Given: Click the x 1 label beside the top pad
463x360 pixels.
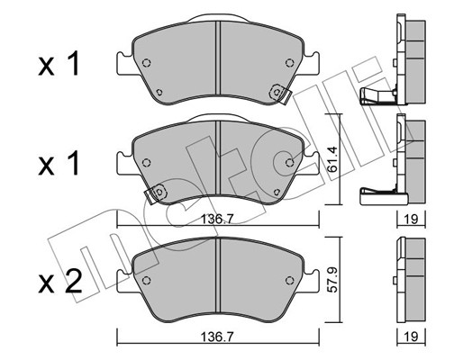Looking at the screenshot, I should (59, 64).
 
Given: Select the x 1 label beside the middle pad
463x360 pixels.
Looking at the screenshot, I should (59, 163).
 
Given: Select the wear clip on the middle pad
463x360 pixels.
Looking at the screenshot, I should (159, 192).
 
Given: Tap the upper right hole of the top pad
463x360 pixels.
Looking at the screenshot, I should (289, 62).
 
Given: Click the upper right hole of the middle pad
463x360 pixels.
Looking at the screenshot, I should (289, 161).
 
